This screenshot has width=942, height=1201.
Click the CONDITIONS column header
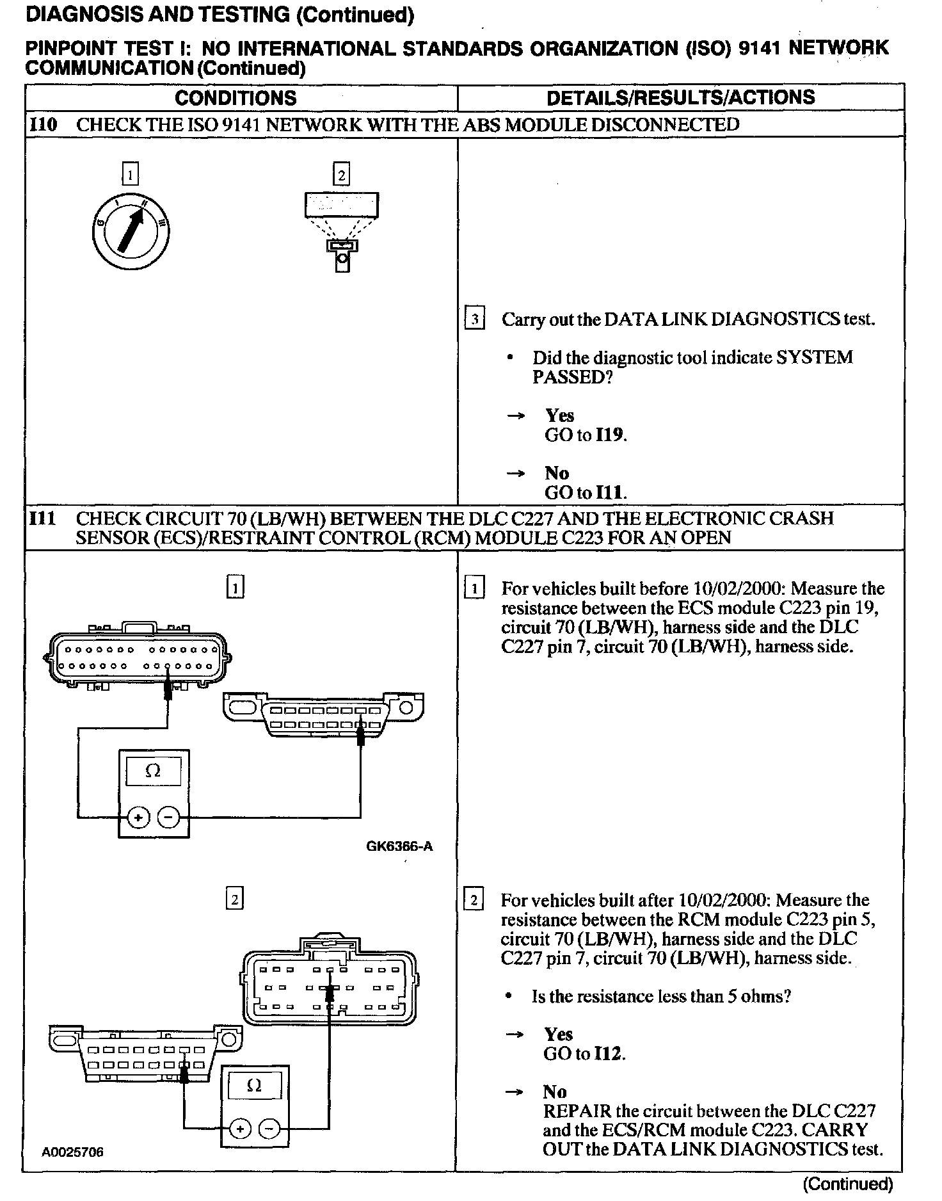tap(235, 98)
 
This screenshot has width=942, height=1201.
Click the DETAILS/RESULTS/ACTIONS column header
tap(680, 97)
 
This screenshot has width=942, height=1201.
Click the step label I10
tap(44, 124)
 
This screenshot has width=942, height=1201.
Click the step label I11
tap(43, 518)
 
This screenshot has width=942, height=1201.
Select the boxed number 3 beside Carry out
tap(474, 319)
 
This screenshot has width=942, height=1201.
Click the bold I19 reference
tap(609, 435)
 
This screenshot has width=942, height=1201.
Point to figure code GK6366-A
tap(399, 846)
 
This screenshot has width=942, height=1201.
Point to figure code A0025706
tap(73, 1152)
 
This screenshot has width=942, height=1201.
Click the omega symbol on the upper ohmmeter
tap(154, 771)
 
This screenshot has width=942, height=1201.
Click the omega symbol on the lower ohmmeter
tap(254, 1086)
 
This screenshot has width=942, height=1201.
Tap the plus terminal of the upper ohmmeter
tap(139, 818)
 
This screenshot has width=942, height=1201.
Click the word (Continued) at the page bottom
tap(847, 1184)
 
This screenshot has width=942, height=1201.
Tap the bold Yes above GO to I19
tap(559, 416)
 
